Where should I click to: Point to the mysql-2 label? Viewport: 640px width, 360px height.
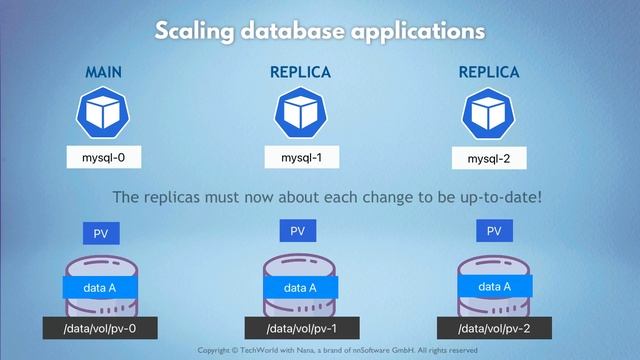(489, 158)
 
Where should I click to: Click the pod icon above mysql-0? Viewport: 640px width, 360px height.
(103, 112)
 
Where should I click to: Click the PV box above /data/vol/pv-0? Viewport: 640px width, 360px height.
(101, 233)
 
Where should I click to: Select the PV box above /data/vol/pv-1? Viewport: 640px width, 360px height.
(297, 231)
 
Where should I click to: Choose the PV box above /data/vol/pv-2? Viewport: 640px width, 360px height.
(493, 231)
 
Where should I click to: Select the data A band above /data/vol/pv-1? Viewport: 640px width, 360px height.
(299, 288)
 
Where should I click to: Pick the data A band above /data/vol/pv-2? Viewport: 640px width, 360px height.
(493, 286)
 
